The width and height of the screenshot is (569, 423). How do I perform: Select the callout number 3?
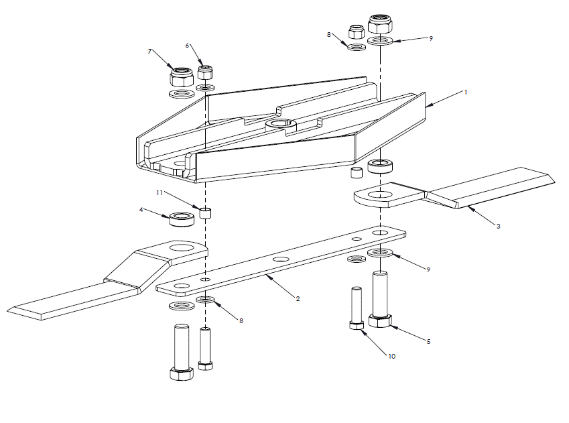click(x=498, y=227)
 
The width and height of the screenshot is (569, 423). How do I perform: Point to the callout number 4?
click(x=141, y=210)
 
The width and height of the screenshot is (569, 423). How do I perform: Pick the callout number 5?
click(x=428, y=341)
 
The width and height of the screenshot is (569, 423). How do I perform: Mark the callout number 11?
click(x=160, y=192)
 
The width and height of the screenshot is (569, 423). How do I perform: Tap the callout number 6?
click(x=188, y=45)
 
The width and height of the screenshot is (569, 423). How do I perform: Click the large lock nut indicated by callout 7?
click(x=180, y=74)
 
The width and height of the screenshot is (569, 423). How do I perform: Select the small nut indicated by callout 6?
click(x=206, y=72)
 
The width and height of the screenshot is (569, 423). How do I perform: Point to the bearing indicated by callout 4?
click(x=180, y=219)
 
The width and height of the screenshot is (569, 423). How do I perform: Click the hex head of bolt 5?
click(x=379, y=320)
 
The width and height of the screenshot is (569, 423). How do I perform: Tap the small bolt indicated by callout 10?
click(x=357, y=308)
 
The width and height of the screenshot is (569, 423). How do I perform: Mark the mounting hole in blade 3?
click(x=380, y=196)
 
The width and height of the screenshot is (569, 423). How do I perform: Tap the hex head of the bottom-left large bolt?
click(x=182, y=373)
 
